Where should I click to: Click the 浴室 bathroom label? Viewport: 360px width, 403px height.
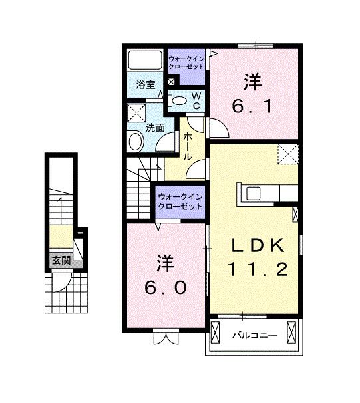(x=146, y=85)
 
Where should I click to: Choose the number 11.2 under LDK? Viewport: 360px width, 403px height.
(x=259, y=269)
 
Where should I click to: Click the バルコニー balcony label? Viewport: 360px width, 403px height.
(x=254, y=335)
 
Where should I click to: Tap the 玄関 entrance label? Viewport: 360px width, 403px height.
(x=61, y=260)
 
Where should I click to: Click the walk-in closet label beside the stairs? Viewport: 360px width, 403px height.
(x=180, y=200)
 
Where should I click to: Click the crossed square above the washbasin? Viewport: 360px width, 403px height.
(x=138, y=112)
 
